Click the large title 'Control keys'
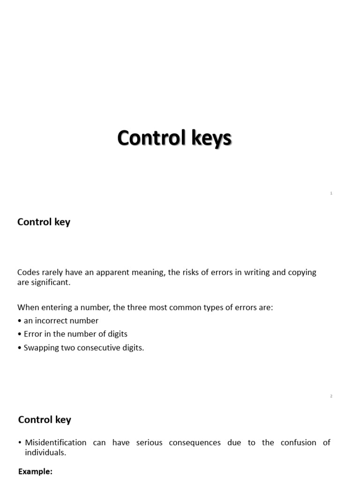(x=174, y=138)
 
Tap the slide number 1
(x=331, y=193)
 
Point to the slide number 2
(x=331, y=396)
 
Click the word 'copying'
(x=301, y=272)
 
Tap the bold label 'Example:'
(x=35, y=472)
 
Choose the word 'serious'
(x=150, y=442)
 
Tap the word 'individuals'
(x=45, y=452)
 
